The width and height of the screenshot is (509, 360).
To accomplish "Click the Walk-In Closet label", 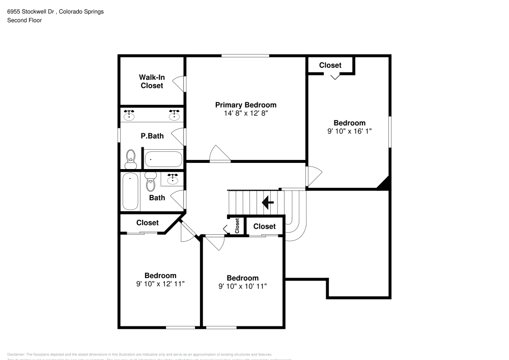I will click(x=152, y=81).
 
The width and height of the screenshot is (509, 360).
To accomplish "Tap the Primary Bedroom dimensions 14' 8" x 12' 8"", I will click(x=245, y=114).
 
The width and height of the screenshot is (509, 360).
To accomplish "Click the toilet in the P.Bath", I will click(x=131, y=159).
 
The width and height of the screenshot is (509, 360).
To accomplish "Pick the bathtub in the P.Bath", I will click(x=163, y=159).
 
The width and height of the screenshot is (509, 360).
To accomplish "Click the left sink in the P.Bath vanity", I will click(x=130, y=115).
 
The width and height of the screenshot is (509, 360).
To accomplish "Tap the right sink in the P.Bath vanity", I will click(x=175, y=115).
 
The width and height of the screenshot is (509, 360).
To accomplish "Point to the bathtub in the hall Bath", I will click(x=131, y=192).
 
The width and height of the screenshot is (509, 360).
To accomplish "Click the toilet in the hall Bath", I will click(x=151, y=182).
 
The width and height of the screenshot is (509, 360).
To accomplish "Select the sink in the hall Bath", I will click(x=173, y=179).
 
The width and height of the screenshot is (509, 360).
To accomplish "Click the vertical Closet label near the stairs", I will click(x=237, y=226).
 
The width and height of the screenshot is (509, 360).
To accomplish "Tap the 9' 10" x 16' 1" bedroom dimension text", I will click(x=349, y=131).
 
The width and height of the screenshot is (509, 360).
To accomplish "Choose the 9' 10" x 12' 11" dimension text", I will click(x=160, y=284).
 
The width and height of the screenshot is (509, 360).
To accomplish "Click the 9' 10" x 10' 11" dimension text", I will click(x=242, y=286).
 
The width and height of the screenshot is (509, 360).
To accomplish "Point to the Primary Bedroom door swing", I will click(x=219, y=154).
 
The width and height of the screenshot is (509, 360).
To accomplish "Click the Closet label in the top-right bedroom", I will click(x=330, y=65).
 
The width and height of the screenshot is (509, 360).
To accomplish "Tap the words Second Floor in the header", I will click(x=24, y=20).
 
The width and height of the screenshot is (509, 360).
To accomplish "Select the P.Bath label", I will click(x=152, y=136).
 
